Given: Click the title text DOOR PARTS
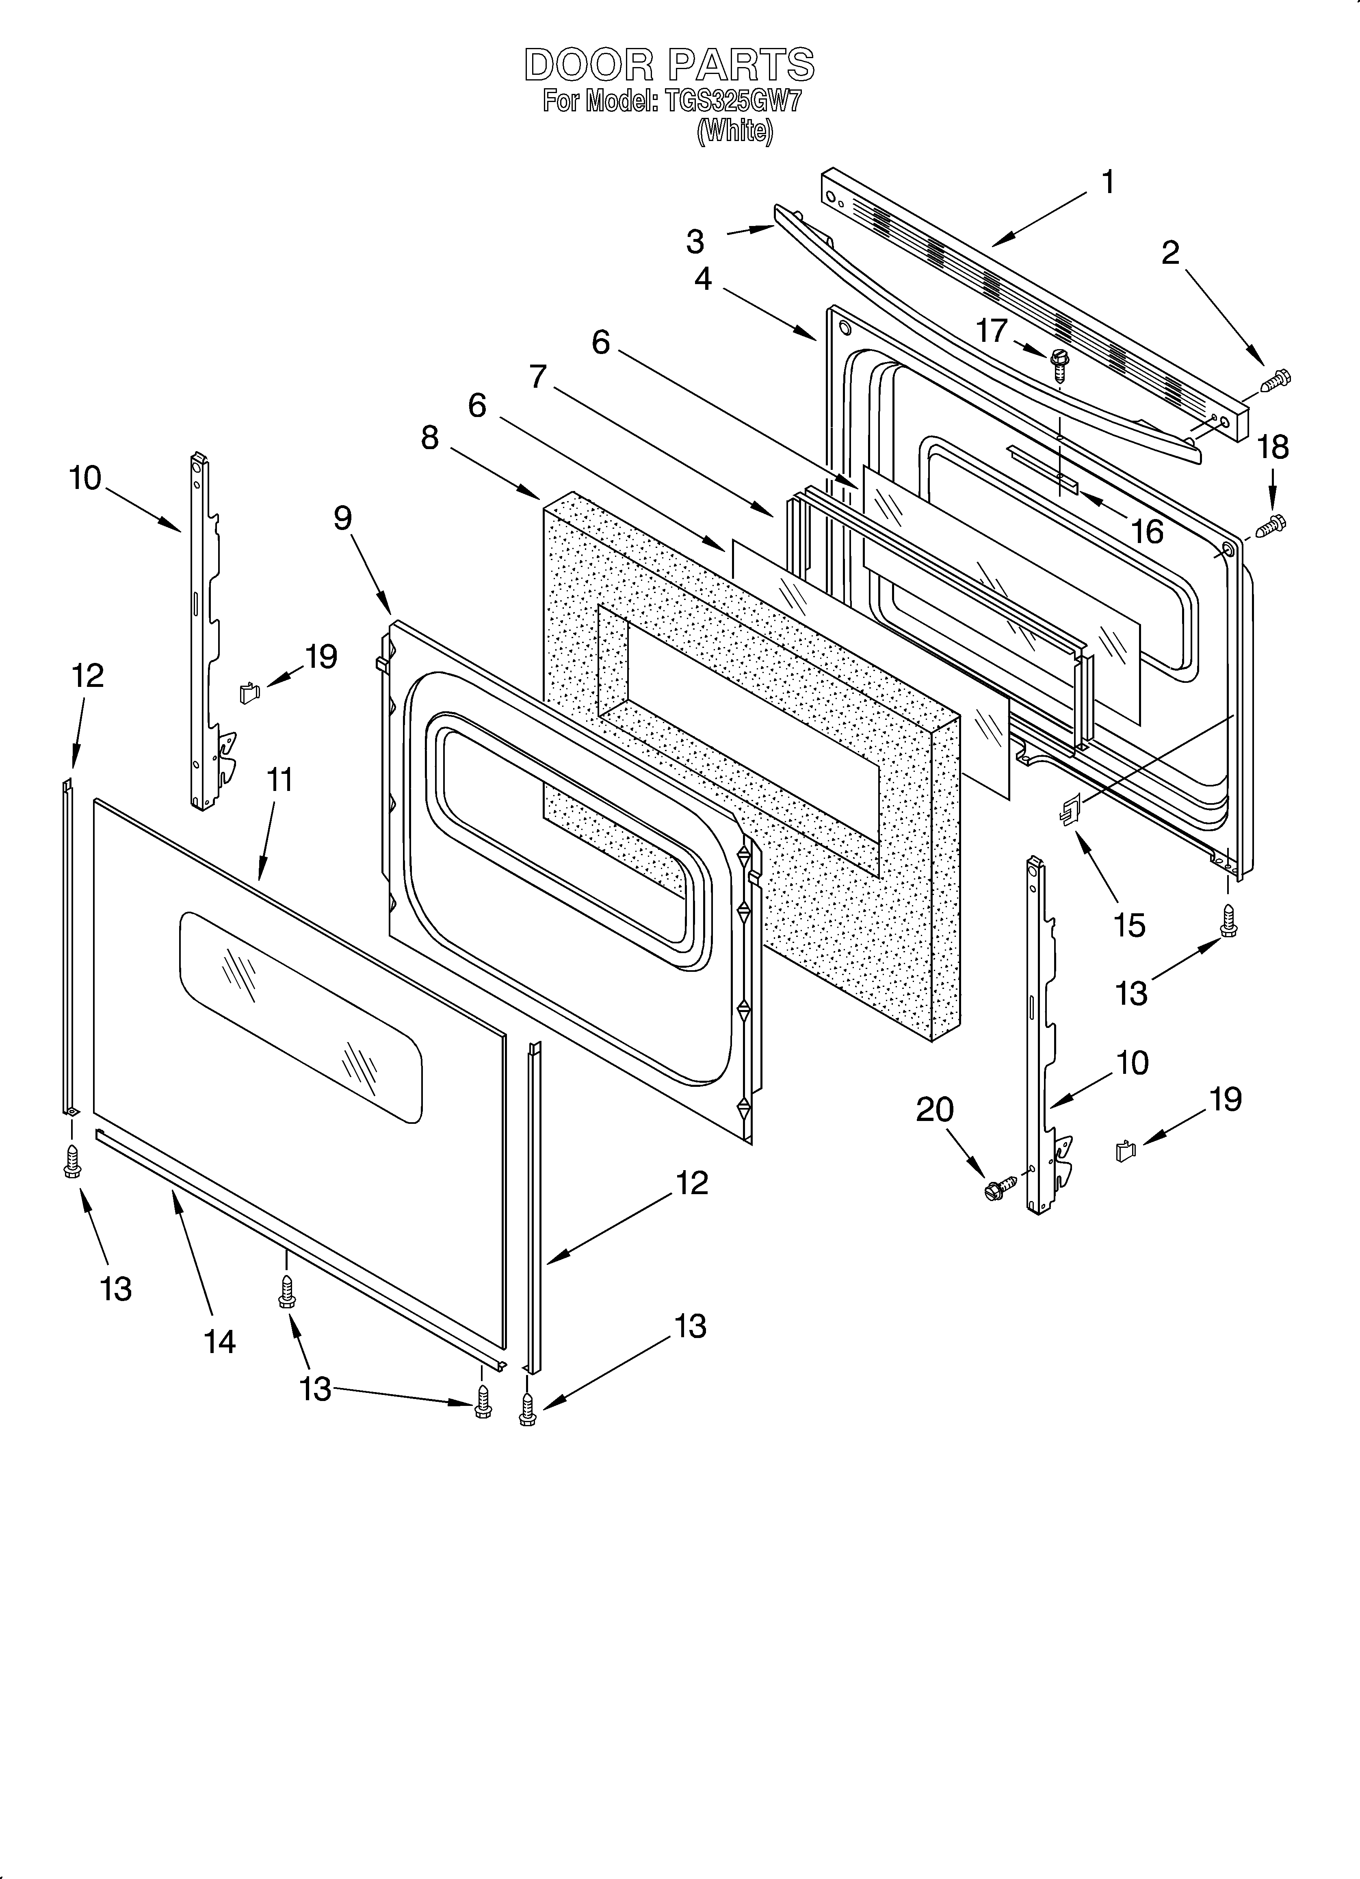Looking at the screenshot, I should click(669, 65).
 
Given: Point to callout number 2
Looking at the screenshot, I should click(1169, 253).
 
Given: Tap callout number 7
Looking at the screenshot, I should click(538, 377).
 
